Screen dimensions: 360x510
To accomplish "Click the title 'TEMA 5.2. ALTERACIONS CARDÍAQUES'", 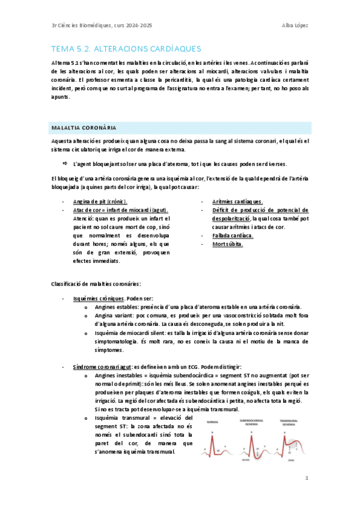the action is tap(126, 48).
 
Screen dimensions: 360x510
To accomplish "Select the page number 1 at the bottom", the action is tap(307, 479).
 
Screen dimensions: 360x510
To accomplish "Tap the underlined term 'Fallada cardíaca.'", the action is tap(233, 236).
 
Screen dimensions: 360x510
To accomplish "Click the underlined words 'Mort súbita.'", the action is tap(227, 244).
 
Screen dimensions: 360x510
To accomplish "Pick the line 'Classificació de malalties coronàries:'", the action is tap(97, 283).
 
